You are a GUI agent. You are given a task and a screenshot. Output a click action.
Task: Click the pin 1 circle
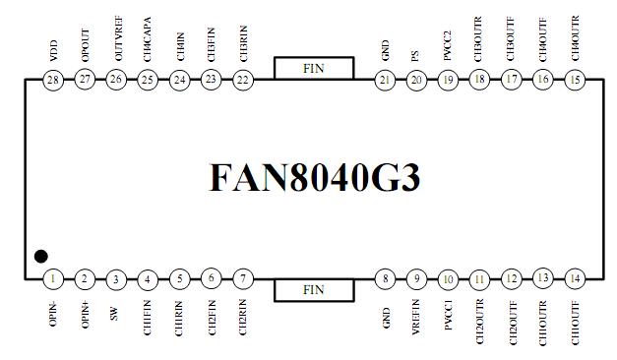[x=53, y=279]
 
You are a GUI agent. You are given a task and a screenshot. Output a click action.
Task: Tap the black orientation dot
[x=40, y=257]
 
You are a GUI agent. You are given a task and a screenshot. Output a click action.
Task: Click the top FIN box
[x=314, y=68]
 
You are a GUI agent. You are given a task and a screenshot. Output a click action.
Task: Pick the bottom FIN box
[x=314, y=289]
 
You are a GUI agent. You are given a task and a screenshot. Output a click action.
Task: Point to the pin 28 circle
[x=53, y=80]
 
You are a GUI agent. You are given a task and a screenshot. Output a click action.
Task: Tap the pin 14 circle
[x=575, y=279]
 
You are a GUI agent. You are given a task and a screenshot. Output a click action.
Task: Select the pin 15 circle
[x=575, y=80]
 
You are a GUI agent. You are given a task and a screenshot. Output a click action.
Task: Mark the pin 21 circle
[x=386, y=80]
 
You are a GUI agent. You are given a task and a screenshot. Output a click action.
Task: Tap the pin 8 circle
[x=386, y=279]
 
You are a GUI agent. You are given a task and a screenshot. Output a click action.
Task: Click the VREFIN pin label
[x=417, y=321]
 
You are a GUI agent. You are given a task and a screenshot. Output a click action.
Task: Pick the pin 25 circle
[x=148, y=80]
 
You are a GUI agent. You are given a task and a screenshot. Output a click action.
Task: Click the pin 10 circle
[x=449, y=279]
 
